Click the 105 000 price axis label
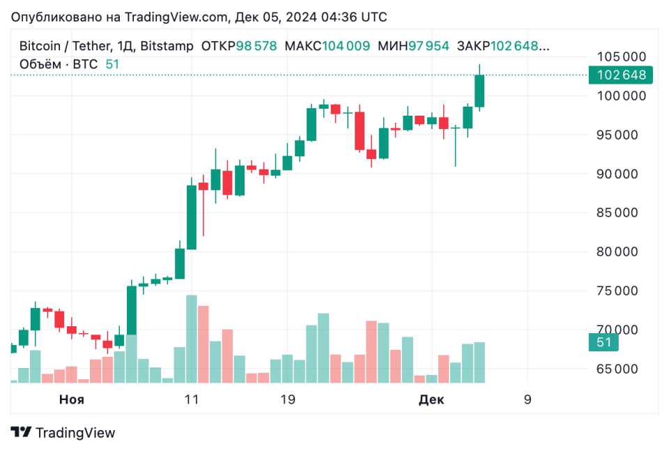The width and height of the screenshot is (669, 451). click(x=620, y=56)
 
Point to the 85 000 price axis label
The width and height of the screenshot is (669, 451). click(x=620, y=213)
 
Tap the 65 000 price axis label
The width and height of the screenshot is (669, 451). click(x=620, y=369)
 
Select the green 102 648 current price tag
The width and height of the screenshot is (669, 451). click(x=620, y=75)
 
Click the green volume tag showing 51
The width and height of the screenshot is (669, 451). click(x=604, y=342)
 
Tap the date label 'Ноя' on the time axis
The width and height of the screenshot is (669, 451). click(x=72, y=399)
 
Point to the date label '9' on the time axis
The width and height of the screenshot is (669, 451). click(x=528, y=399)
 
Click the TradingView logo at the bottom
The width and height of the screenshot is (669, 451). click(x=63, y=432)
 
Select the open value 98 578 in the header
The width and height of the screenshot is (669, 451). click(x=256, y=46)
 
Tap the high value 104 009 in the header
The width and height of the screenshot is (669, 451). click(x=346, y=46)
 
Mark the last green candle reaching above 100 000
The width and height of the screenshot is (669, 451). click(x=479, y=91)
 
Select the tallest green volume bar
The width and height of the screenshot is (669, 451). click(x=191, y=339)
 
